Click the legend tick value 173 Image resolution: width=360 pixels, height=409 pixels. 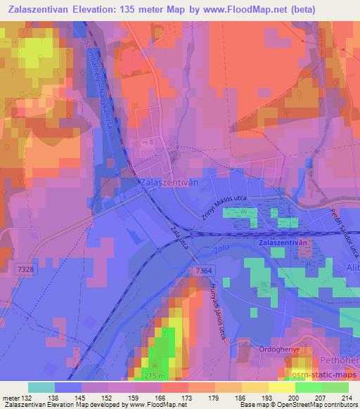click(x=188, y=396)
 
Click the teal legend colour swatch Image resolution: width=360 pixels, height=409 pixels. click(x=41, y=387)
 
